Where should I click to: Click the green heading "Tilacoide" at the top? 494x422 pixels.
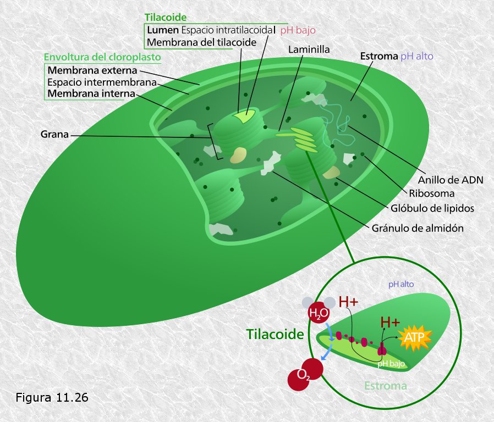tap(166, 17)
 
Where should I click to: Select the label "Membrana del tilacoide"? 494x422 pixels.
tap(202, 42)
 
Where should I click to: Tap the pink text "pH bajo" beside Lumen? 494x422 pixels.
tap(298, 30)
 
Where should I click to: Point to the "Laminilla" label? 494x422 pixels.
tap(309, 49)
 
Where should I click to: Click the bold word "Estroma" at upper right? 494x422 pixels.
tap(379, 57)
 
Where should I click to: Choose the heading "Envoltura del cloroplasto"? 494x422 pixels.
tap(102, 57)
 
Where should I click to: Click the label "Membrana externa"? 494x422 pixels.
tap(92, 70)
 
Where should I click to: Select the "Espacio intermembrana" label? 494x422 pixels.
tap(102, 82)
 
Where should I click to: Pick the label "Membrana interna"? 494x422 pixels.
tap(91, 93)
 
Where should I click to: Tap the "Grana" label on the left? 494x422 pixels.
tap(54, 135)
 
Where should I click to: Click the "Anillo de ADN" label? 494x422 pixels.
tap(451, 180)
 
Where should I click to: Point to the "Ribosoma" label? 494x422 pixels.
tap(432, 193)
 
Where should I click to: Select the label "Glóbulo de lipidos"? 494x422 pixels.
tap(432, 208)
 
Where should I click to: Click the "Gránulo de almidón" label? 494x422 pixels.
tap(418, 228)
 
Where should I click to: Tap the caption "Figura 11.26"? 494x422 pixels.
tap(52, 397)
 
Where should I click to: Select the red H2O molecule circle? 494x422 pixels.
tap(319, 313)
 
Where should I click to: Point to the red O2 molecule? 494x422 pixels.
tap(305, 374)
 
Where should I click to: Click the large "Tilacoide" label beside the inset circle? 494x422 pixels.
tap(275, 334)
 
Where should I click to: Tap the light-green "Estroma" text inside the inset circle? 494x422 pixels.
tap(386, 386)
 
